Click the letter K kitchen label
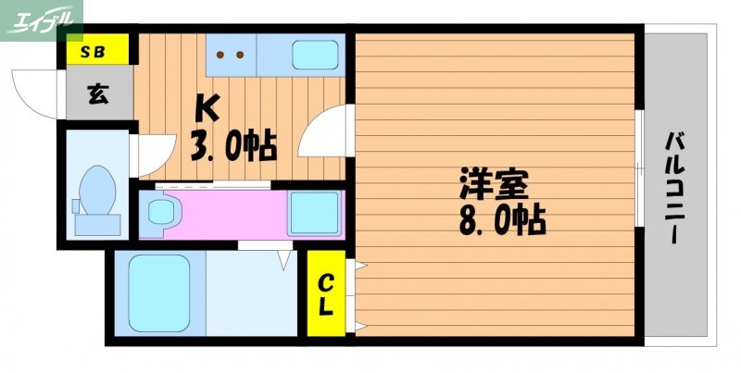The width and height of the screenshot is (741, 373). click(x=206, y=109)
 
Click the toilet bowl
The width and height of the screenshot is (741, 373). click(x=96, y=190)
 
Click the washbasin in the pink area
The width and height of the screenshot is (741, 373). click(x=161, y=214)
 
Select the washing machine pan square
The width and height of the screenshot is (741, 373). click(x=312, y=214)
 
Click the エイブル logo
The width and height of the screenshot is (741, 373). click(x=41, y=18)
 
